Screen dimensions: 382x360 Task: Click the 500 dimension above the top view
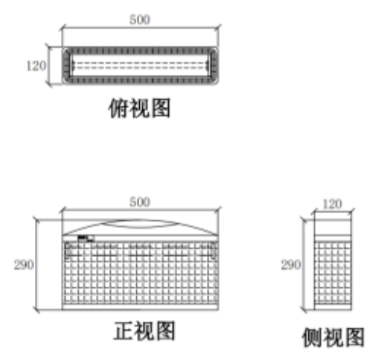pyautogui.click(x=140, y=19)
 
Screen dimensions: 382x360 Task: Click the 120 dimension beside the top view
pyautogui.click(x=36, y=66)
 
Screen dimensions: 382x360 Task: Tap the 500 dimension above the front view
pyautogui.click(x=140, y=202)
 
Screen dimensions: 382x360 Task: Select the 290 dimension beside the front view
pyautogui.click(x=23, y=265)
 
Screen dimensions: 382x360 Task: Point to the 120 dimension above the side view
pyautogui.click(x=332, y=204)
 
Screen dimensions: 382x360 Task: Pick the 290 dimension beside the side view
pyautogui.click(x=291, y=265)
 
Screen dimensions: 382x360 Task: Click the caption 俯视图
pyautogui.click(x=139, y=108)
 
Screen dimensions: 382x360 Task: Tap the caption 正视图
pyautogui.click(x=144, y=331)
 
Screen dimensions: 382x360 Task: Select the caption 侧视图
pyautogui.click(x=333, y=338)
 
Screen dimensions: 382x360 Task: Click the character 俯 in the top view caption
pyautogui.click(x=119, y=108)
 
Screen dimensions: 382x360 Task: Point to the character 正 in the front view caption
pyautogui.click(x=123, y=331)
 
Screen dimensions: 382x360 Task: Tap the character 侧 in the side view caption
pyautogui.click(x=312, y=338)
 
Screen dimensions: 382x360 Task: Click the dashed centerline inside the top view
pyautogui.click(x=140, y=66)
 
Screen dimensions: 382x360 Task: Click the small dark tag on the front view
pyautogui.click(x=86, y=238)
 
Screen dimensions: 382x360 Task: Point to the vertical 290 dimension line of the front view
pyautogui.click(x=36, y=265)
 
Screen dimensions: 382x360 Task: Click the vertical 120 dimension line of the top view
pyautogui.click(x=50, y=66)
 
